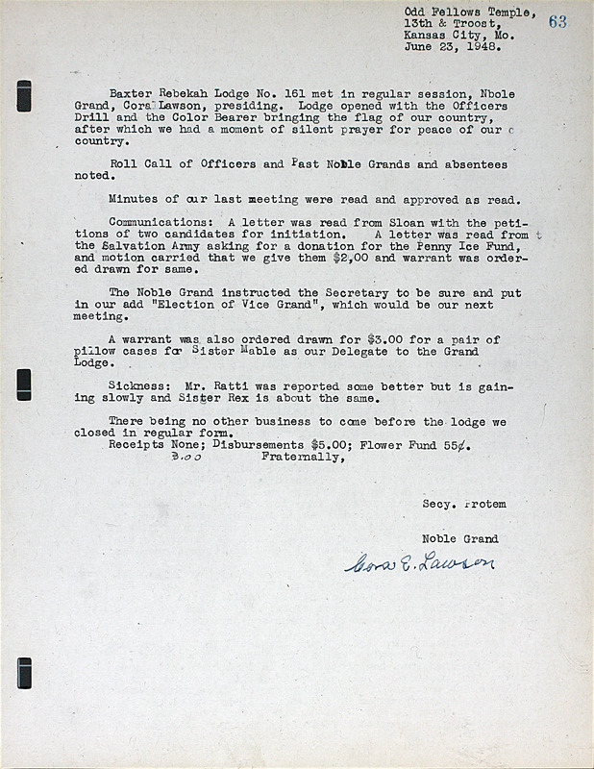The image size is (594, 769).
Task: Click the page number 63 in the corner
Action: pos(557,22)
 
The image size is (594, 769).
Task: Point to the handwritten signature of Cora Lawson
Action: pos(420,562)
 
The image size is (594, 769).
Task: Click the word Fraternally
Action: pos(301,458)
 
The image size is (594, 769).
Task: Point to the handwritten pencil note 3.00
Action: pos(186,459)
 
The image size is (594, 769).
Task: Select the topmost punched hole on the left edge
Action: pos(24,96)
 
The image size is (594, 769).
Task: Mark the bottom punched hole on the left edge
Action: pos(24,673)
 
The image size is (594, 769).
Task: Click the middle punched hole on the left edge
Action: pos(24,384)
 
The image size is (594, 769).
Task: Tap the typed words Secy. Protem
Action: pos(463,504)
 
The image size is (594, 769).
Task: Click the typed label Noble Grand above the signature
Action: pos(459,538)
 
